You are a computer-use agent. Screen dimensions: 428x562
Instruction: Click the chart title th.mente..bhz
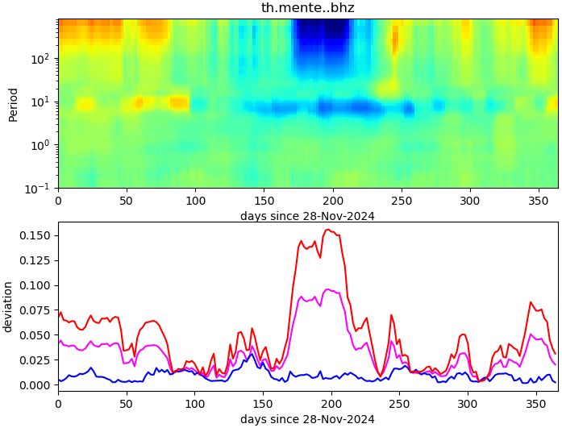[x=307, y=8]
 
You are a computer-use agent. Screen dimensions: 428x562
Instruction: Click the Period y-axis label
[x=13, y=104]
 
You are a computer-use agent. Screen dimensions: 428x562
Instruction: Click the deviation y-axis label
[x=8, y=306]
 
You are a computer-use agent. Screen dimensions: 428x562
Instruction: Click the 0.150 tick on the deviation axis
[x=35, y=235]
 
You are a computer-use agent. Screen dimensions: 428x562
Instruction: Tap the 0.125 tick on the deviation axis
[x=35, y=260]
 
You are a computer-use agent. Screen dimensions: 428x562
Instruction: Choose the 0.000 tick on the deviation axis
[x=35, y=385]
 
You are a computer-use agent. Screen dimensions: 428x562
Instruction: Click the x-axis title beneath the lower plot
[x=307, y=419]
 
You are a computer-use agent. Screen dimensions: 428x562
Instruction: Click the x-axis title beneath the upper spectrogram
[x=307, y=216]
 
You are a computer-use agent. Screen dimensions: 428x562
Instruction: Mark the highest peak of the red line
[x=327, y=230]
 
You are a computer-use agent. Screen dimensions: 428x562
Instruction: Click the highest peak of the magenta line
[x=328, y=289]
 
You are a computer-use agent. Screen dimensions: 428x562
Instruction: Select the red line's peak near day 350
[x=531, y=302]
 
